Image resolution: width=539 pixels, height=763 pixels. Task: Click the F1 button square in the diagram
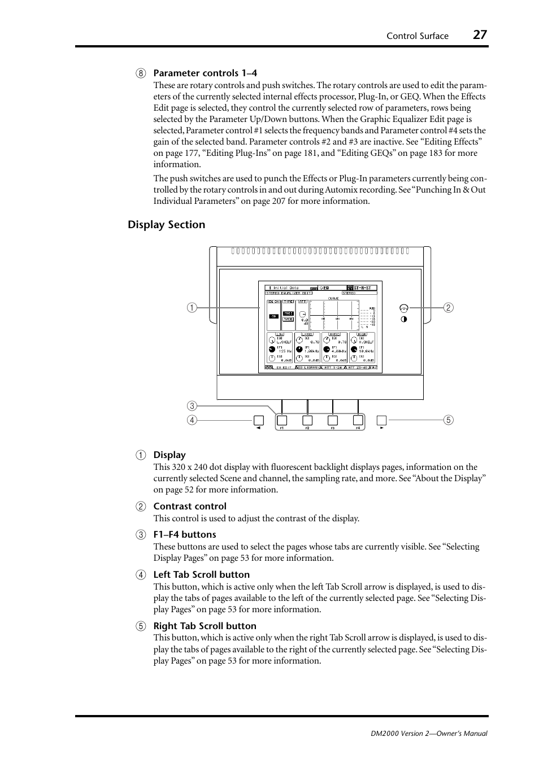[x=282, y=420]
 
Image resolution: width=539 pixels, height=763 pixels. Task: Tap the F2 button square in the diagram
[x=307, y=420]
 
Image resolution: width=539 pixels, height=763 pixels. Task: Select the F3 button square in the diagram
[x=333, y=420]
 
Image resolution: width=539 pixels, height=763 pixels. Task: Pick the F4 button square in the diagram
[x=358, y=420]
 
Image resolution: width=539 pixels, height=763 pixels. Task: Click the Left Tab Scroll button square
[x=258, y=420]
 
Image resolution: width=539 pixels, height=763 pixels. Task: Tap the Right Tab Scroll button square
[x=382, y=420]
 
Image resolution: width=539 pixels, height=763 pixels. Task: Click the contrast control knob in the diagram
[x=403, y=308]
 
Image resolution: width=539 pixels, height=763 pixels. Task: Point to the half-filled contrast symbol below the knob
[x=403, y=319]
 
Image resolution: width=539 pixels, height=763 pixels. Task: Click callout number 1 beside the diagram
[x=193, y=308]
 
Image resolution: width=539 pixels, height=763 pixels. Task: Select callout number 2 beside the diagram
[x=448, y=308]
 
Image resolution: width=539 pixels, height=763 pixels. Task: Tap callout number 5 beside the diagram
[x=448, y=420]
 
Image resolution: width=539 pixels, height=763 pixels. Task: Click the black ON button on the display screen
[x=273, y=317]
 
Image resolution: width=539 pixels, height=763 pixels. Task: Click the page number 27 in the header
[x=479, y=34]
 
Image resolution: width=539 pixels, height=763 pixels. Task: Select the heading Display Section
[x=166, y=225]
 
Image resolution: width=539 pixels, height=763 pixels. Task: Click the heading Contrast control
[x=190, y=507]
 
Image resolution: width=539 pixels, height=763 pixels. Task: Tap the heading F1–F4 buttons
[x=184, y=534]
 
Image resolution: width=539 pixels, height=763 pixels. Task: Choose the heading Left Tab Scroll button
[x=201, y=574]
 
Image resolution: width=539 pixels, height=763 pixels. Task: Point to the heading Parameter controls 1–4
[x=205, y=73]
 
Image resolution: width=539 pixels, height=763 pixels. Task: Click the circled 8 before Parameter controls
[x=141, y=73]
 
